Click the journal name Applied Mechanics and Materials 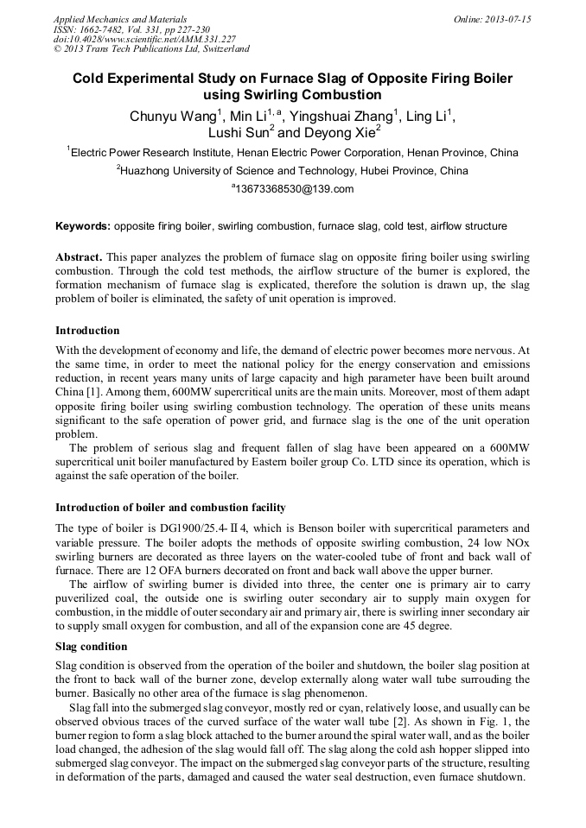point(119,18)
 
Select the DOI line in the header point(143,39)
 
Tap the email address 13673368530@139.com point(294,189)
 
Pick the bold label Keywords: point(83,226)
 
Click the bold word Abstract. point(80,258)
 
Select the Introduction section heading point(87,331)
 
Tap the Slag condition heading point(91,647)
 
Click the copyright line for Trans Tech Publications point(151,49)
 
